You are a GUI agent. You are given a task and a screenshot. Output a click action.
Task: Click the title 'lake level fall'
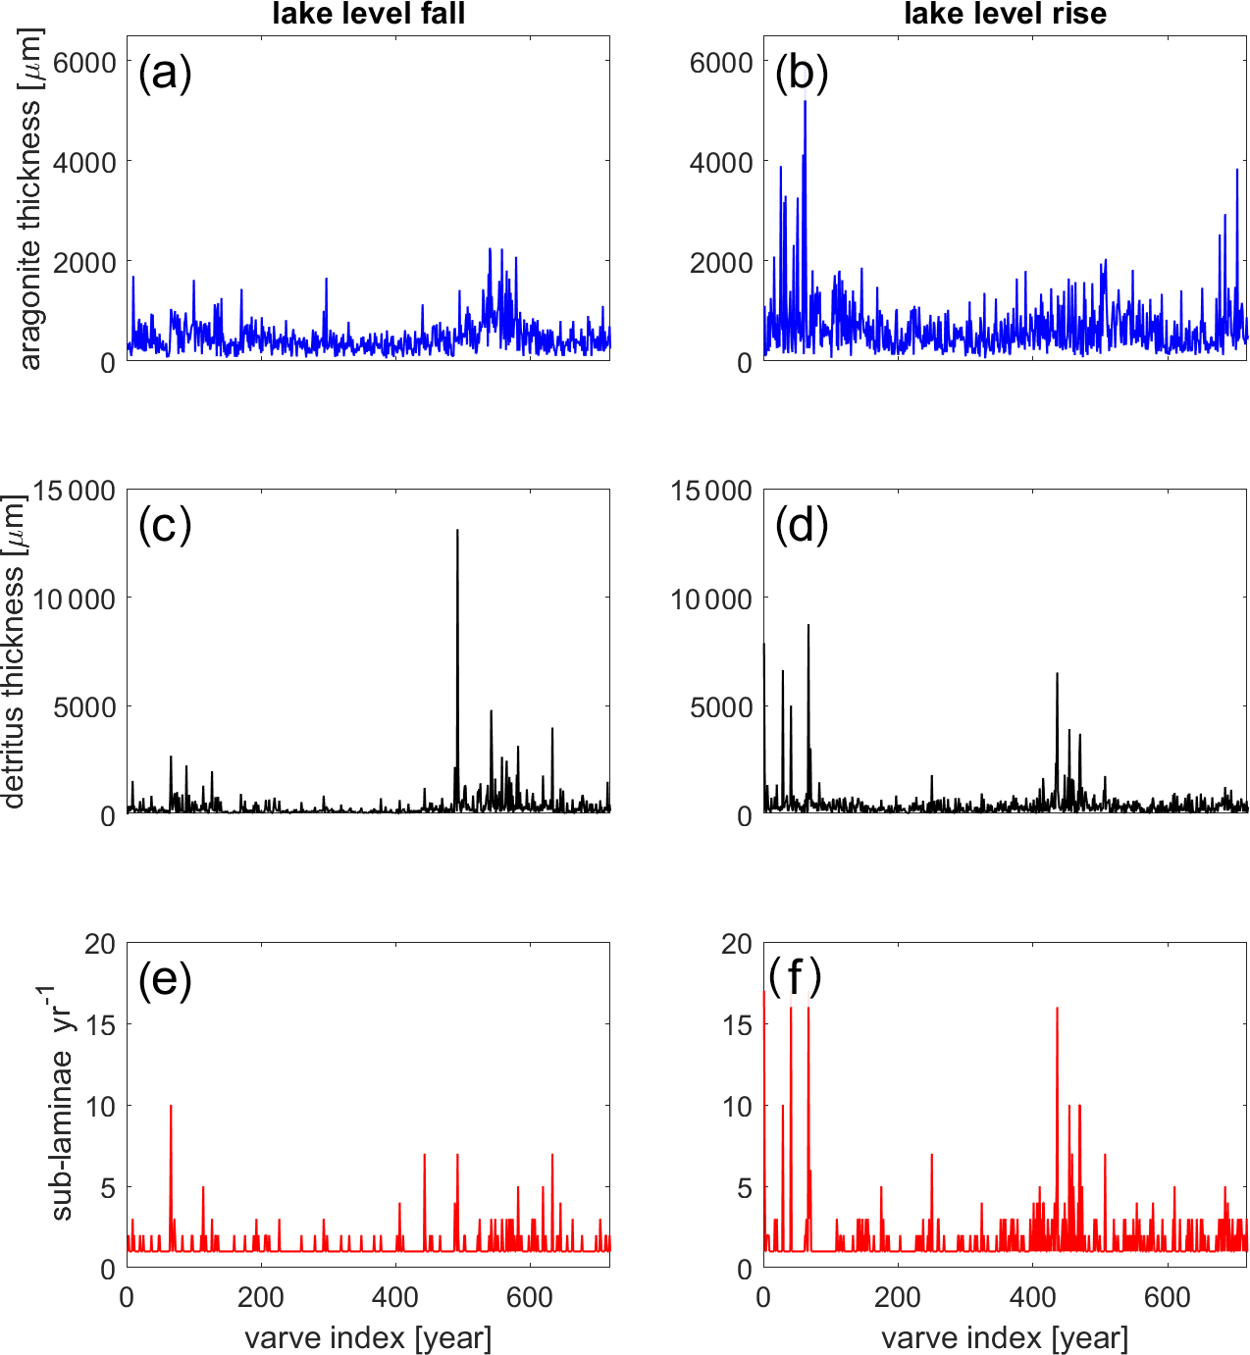tap(368, 14)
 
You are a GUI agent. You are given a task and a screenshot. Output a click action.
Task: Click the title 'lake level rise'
tap(1005, 14)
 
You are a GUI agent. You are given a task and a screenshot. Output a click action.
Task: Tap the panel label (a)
tap(165, 74)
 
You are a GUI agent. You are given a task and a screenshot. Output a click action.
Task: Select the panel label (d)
tap(802, 527)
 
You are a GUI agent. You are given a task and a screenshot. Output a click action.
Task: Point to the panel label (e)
tap(165, 980)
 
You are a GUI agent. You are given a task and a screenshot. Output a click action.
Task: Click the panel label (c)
tap(165, 527)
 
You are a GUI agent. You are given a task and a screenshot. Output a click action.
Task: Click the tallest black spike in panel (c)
tap(457, 533)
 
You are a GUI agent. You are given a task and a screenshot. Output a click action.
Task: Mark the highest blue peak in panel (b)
tap(805, 102)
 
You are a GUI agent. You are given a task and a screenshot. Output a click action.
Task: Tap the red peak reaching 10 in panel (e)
tap(171, 1107)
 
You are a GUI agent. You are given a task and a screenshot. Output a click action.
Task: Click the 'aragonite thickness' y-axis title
tap(31, 199)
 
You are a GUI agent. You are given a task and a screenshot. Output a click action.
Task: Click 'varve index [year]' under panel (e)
tap(368, 1337)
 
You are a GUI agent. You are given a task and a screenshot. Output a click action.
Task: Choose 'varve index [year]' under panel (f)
tap(1005, 1337)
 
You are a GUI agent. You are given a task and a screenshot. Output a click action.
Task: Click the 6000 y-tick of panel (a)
tap(82, 62)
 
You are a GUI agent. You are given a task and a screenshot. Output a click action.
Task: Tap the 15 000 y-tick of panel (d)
tap(710, 491)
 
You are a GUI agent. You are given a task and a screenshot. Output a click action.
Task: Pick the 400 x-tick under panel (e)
tap(395, 1297)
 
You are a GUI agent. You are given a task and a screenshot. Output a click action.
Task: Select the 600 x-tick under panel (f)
tap(1168, 1297)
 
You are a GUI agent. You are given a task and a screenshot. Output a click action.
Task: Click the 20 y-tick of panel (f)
tap(736, 944)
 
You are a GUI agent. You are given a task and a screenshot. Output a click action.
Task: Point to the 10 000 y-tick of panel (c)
tap(74, 599)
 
